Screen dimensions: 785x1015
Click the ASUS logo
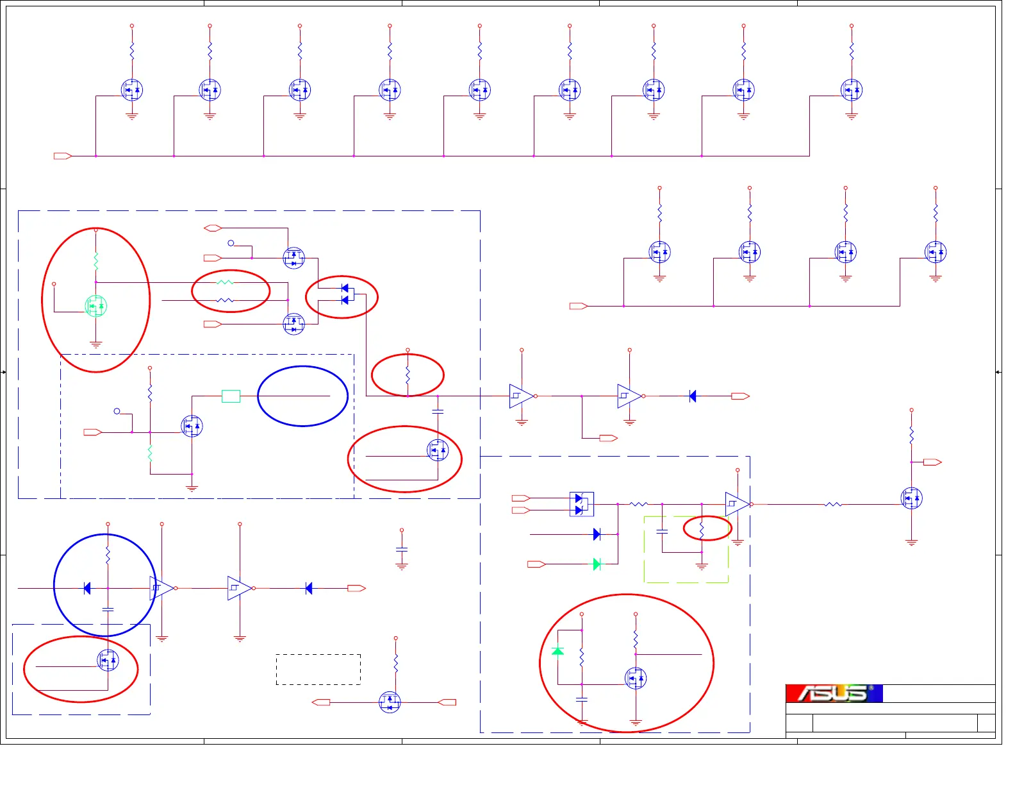(834, 693)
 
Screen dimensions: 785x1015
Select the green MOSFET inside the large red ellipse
(96, 306)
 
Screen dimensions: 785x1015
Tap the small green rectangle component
(231, 396)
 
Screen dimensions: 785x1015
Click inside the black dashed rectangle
(318, 670)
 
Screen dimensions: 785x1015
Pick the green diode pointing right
(597, 564)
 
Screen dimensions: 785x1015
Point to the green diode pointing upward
(557, 650)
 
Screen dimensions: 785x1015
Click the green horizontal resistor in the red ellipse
(225, 282)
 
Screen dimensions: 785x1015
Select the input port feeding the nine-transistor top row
(62, 156)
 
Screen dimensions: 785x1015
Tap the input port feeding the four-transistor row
(578, 306)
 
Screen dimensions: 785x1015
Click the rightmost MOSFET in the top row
(851, 90)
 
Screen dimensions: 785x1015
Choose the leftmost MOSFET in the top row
(132, 90)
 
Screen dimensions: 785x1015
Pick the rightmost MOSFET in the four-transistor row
(935, 252)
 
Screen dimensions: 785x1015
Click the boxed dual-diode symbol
(581, 504)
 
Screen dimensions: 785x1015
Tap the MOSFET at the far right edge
(911, 498)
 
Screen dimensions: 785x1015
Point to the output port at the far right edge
(932, 462)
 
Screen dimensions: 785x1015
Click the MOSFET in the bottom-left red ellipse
(108, 660)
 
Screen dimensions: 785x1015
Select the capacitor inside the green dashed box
(662, 532)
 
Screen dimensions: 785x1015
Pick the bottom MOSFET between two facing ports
(390, 702)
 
